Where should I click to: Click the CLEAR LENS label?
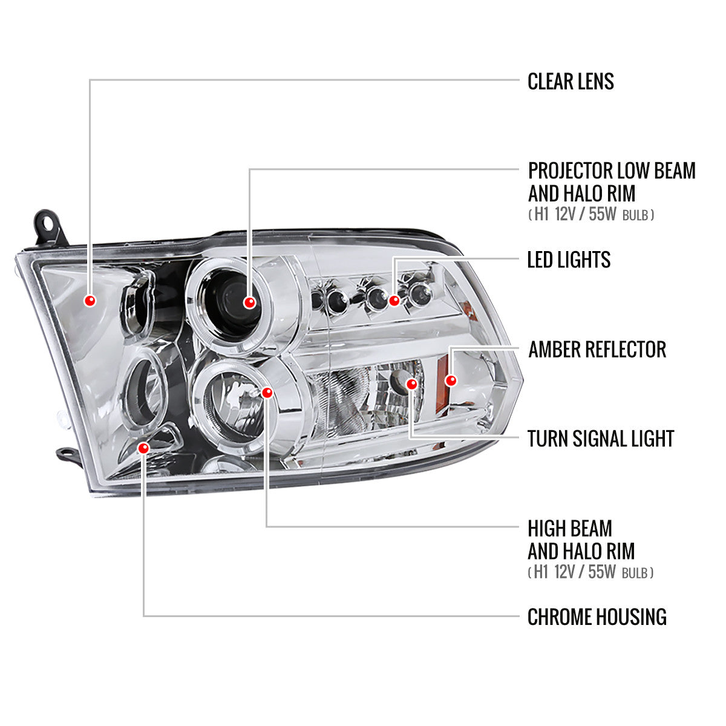(571, 81)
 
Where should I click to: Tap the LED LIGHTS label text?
(569, 260)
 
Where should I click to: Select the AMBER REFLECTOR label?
(597, 350)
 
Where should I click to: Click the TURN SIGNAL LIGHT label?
(600, 439)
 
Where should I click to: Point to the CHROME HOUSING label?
(597, 617)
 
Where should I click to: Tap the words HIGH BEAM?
(569, 529)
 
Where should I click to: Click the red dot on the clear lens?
(90, 301)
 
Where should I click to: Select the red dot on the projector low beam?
(249, 302)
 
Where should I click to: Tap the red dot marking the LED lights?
(394, 300)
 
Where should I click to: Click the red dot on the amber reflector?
(450, 381)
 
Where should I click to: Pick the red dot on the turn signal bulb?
(412, 384)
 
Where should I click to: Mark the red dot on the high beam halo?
(267, 393)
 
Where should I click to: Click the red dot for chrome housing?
(143, 448)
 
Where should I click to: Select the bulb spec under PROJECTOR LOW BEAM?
(590, 215)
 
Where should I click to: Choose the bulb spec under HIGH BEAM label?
(590, 572)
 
